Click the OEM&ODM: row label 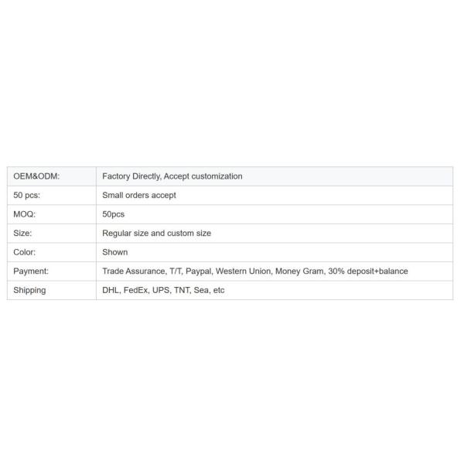tap(36, 176)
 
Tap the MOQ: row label tap(25, 214)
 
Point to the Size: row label tap(23, 234)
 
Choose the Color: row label tap(25, 252)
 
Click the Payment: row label tap(31, 271)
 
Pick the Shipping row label tap(29, 290)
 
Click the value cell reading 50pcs tap(114, 214)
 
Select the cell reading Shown tap(115, 252)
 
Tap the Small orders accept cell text tap(139, 196)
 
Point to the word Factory tap(117, 176)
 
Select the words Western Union tap(244, 271)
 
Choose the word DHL tap(111, 290)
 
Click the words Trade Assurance tap(133, 271)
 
